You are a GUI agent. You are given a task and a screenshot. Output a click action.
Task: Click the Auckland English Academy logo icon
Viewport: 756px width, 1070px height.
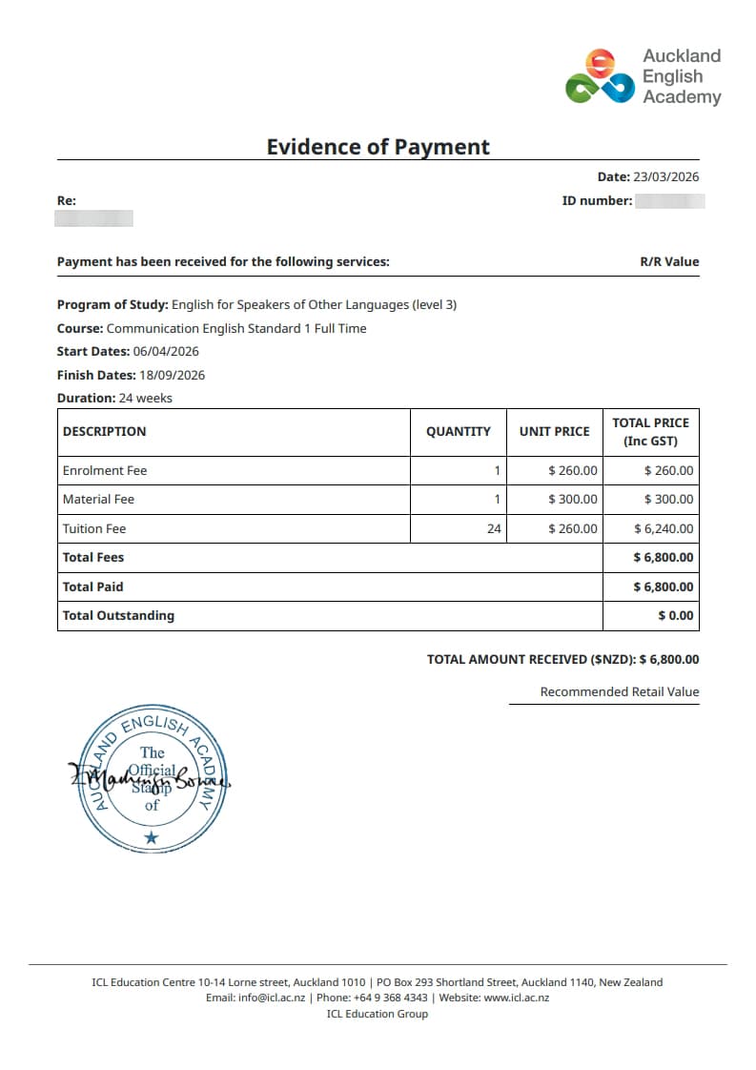600,77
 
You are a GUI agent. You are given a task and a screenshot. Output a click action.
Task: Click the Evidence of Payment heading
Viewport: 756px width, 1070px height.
378,147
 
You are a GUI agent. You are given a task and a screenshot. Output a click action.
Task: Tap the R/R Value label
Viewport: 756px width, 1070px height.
669,261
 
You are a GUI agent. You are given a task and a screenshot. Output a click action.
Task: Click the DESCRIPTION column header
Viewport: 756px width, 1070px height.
105,431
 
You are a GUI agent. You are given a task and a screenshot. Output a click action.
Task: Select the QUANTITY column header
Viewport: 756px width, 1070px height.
459,431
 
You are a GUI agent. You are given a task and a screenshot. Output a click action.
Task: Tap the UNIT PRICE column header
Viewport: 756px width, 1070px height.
554,431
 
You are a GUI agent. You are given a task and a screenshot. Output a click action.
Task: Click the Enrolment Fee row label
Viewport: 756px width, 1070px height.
105,470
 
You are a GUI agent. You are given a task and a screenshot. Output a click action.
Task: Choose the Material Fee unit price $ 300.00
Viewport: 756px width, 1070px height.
573,499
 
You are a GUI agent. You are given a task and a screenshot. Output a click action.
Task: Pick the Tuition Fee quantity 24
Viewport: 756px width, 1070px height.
494,528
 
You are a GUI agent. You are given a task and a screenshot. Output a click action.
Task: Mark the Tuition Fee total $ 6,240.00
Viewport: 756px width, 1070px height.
664,528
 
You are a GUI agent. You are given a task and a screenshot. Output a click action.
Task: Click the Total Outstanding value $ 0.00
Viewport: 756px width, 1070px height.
676,615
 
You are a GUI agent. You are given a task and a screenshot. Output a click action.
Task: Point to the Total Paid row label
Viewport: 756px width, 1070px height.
93,586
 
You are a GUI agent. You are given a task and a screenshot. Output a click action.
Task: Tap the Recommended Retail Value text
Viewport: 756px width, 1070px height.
620,691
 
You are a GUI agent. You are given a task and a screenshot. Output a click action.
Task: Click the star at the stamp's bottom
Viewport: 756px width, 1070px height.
152,837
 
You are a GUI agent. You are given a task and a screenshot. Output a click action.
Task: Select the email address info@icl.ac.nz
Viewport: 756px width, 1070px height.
272,998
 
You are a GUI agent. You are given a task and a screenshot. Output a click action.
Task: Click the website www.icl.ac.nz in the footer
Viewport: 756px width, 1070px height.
517,998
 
